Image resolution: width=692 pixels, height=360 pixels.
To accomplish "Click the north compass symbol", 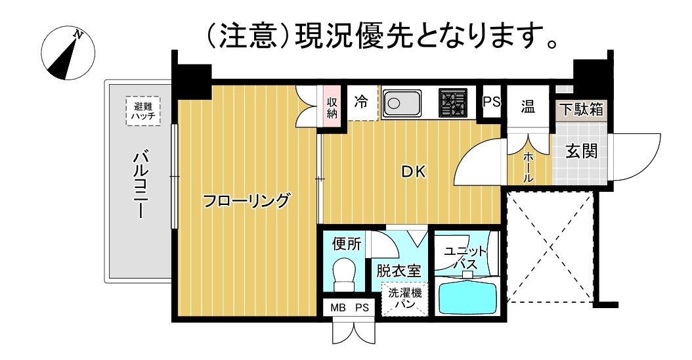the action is [68, 53].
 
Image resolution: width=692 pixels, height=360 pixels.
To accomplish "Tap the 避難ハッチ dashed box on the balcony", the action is [143, 111].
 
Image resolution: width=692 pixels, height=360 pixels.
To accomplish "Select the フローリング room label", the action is [246, 201].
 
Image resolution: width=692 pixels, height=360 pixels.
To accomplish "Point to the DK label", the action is [414, 171].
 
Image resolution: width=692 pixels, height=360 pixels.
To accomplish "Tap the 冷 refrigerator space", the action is [362, 103].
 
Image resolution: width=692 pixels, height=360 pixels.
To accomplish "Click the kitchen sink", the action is [402, 103].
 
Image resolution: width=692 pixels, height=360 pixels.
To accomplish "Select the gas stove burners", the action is [453, 103].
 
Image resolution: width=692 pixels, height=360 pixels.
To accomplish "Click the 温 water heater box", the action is [528, 106].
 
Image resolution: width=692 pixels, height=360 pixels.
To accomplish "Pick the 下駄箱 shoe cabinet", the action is [581, 108].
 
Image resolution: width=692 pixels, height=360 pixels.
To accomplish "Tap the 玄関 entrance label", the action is [582, 152].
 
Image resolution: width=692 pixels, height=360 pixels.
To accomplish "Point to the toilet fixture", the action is [345, 275].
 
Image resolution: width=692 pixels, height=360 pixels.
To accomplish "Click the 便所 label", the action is [347, 243].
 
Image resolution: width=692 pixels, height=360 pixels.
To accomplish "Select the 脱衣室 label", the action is [399, 271].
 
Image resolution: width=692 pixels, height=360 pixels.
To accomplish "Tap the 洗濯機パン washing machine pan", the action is [404, 299].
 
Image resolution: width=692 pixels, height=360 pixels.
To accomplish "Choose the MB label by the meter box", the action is [338, 308].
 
